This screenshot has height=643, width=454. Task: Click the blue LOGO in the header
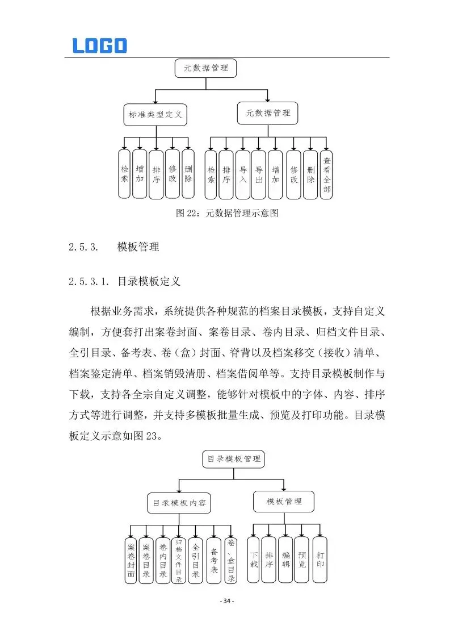coord(99,45)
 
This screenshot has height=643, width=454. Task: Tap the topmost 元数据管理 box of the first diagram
coord(205,68)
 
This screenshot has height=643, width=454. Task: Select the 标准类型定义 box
coord(155,115)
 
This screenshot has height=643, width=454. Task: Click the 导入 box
coord(243,174)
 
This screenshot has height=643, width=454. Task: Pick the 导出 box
coord(258,174)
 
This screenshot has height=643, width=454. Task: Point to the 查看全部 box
coord(326,174)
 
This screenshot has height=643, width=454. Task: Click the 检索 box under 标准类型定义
coord(124,174)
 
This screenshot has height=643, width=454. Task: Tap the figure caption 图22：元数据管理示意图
coord(227,214)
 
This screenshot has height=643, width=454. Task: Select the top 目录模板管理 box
coord(233,458)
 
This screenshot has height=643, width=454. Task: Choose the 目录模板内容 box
coord(179,503)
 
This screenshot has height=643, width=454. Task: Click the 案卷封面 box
coord(131,560)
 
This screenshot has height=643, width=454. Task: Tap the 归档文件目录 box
coord(178,560)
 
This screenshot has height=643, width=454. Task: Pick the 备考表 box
coord(213,560)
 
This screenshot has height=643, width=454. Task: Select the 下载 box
coord(253,560)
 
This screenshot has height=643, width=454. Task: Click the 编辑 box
coord(285,560)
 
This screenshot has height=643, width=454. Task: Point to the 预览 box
coord(302,560)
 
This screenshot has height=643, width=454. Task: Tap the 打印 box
coord(321,560)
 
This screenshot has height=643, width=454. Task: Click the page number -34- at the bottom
coord(227,601)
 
